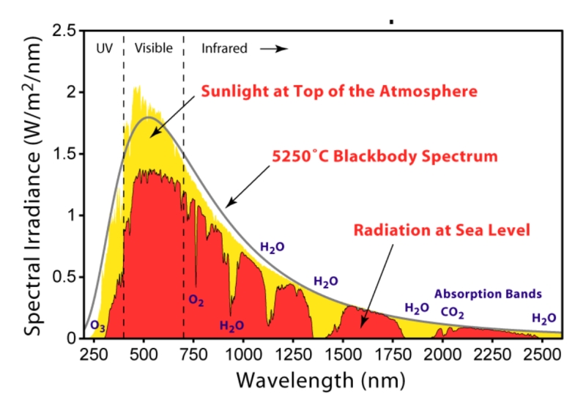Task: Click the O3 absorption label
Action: tap(97, 325)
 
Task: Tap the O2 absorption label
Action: tap(196, 300)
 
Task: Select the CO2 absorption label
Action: tap(452, 312)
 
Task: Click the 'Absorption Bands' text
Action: tap(488, 294)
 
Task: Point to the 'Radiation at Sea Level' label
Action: tap(442, 230)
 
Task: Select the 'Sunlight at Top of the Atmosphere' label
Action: tap(339, 92)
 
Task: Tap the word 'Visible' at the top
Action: tap(153, 49)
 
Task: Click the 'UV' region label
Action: tap(105, 49)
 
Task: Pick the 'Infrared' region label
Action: tap(224, 49)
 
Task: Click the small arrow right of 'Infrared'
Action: tap(277, 49)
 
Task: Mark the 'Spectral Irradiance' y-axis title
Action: tap(33, 183)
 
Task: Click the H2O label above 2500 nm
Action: tap(544, 319)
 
